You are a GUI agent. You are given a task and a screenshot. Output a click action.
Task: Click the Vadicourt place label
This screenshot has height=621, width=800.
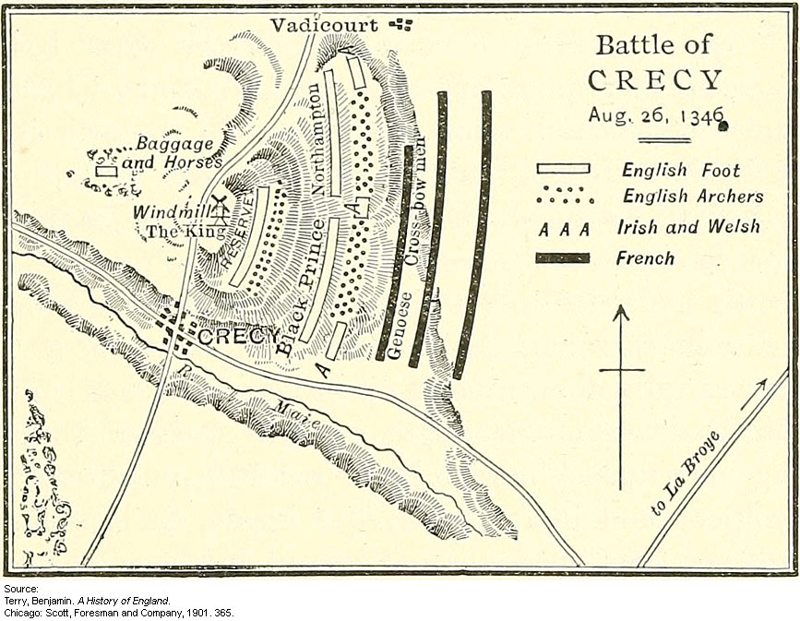click(x=324, y=25)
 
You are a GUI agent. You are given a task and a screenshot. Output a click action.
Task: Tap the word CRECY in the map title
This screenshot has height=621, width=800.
click(x=655, y=80)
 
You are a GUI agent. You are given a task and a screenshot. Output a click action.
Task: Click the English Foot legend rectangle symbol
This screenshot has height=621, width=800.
click(x=563, y=169)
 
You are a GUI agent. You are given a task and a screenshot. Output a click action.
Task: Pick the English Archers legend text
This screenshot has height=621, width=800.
click(x=693, y=196)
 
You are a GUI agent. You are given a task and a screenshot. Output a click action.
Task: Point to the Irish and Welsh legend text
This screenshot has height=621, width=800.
click(x=688, y=227)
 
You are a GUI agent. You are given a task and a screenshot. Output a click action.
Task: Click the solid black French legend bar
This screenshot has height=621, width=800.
click(x=562, y=257)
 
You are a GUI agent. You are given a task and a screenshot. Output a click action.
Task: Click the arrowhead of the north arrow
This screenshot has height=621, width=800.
click(x=621, y=313)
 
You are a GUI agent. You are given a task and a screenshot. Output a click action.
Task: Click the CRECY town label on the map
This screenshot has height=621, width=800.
click(x=237, y=337)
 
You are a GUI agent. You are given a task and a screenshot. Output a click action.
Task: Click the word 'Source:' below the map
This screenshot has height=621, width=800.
click(x=20, y=588)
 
